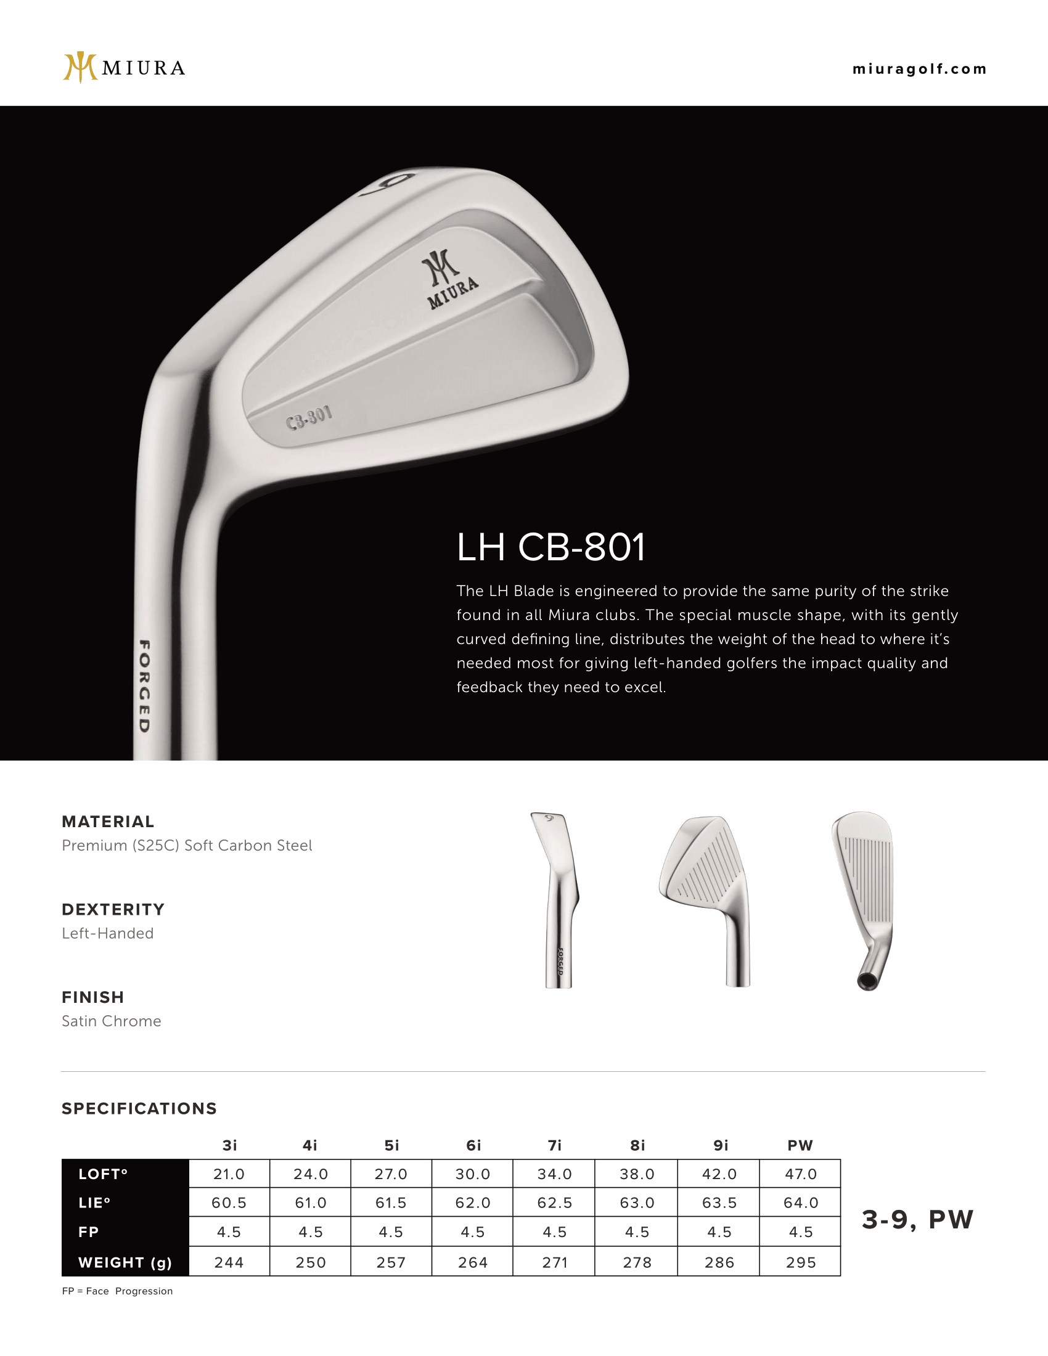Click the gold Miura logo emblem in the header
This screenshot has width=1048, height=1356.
[80, 67]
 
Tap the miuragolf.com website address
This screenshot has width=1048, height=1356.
[920, 69]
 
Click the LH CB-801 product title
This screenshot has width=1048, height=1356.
[551, 547]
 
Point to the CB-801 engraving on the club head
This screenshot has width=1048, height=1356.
[309, 418]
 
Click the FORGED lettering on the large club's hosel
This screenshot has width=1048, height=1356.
[144, 685]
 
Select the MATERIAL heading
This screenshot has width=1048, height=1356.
[108, 822]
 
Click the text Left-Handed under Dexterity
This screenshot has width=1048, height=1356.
[107, 933]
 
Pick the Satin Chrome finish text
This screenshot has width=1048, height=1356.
[111, 1021]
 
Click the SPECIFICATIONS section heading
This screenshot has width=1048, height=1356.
[139, 1109]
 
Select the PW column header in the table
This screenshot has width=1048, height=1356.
[800, 1146]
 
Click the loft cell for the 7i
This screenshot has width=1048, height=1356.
[554, 1174]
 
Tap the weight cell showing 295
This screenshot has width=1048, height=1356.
[800, 1262]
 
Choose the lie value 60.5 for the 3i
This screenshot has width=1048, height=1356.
[229, 1203]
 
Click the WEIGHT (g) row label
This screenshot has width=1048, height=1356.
[125, 1262]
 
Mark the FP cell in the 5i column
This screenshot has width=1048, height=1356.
[391, 1232]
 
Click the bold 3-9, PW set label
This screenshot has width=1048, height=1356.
[917, 1219]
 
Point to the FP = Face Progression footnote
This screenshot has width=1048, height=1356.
[117, 1291]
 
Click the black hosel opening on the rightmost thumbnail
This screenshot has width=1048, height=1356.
[867, 981]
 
